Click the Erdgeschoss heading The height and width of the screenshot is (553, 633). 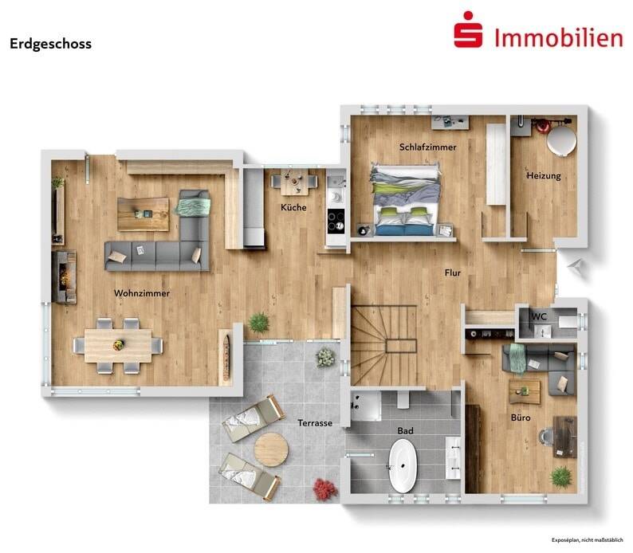tap(50, 44)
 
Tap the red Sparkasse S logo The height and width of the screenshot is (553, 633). tap(468, 34)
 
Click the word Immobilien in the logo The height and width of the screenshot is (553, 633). tap(557, 36)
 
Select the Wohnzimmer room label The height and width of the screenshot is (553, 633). tap(142, 293)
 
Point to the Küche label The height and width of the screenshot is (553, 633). tap(293, 208)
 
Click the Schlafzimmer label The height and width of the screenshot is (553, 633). tap(427, 147)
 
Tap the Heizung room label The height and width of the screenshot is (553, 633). tap(544, 175)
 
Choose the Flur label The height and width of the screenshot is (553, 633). tap(453, 273)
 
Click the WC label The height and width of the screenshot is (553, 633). tap(540, 316)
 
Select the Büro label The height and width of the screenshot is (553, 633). tap(521, 417)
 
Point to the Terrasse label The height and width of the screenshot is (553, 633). tap(314, 422)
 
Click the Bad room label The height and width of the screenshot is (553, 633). tap(405, 430)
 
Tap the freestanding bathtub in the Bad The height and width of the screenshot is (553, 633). tap(403, 466)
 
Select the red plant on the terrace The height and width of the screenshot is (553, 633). tap(324, 488)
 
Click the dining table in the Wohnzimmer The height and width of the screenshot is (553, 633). tap(118, 344)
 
